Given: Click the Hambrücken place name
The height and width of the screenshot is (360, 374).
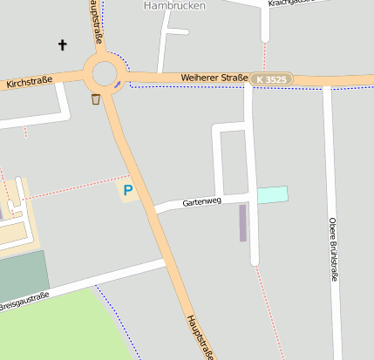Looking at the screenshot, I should tap(173, 4).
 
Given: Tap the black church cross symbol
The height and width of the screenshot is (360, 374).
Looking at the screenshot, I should tap(63, 44).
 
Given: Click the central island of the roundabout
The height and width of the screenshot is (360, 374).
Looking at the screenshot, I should tap(103, 72).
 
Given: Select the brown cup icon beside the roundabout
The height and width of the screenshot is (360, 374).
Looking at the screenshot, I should tap(95, 98).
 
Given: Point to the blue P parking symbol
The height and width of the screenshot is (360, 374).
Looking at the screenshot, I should tap(128, 189).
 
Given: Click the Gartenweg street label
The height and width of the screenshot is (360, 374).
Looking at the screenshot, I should tap(202, 202).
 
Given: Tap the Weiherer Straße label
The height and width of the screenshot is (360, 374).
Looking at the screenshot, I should tap(214, 78).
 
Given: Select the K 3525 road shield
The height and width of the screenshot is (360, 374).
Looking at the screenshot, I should tap(271, 79).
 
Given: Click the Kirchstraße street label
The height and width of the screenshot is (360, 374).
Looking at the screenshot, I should tap(29, 83).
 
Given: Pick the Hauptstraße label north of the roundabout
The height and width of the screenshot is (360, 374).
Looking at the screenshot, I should tap(96, 22).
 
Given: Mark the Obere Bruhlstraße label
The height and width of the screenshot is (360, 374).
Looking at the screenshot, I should tap(332, 249).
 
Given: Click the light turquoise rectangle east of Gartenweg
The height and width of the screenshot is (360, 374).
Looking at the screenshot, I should tap(272, 195).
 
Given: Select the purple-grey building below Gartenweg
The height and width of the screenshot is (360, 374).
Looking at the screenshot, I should tap(243, 222).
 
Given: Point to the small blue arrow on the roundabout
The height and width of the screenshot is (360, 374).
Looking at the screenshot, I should tap(117, 85).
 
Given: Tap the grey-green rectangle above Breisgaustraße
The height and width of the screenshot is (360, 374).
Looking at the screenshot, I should tap(21, 274).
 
